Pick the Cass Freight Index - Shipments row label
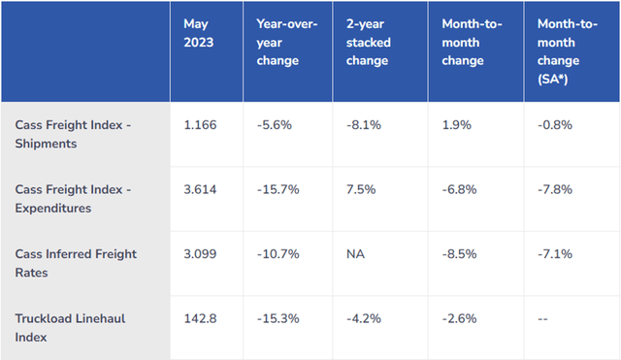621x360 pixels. (x=75, y=134)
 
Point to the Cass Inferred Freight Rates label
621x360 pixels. (x=75, y=262)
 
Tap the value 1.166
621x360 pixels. (x=201, y=125)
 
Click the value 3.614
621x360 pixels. (x=201, y=189)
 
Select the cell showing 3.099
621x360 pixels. (x=201, y=253)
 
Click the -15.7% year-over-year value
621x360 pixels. (x=276, y=189)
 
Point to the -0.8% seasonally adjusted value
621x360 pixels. (x=553, y=125)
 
